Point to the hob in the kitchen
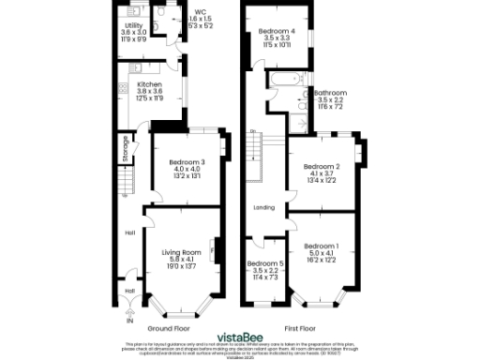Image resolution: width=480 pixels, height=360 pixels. (124, 88)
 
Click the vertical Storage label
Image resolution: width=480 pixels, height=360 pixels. (125, 150)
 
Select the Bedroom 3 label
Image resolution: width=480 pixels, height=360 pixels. (184, 162)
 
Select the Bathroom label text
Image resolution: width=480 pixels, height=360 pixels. (330, 93)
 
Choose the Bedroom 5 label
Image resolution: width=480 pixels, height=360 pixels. (267, 263)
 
